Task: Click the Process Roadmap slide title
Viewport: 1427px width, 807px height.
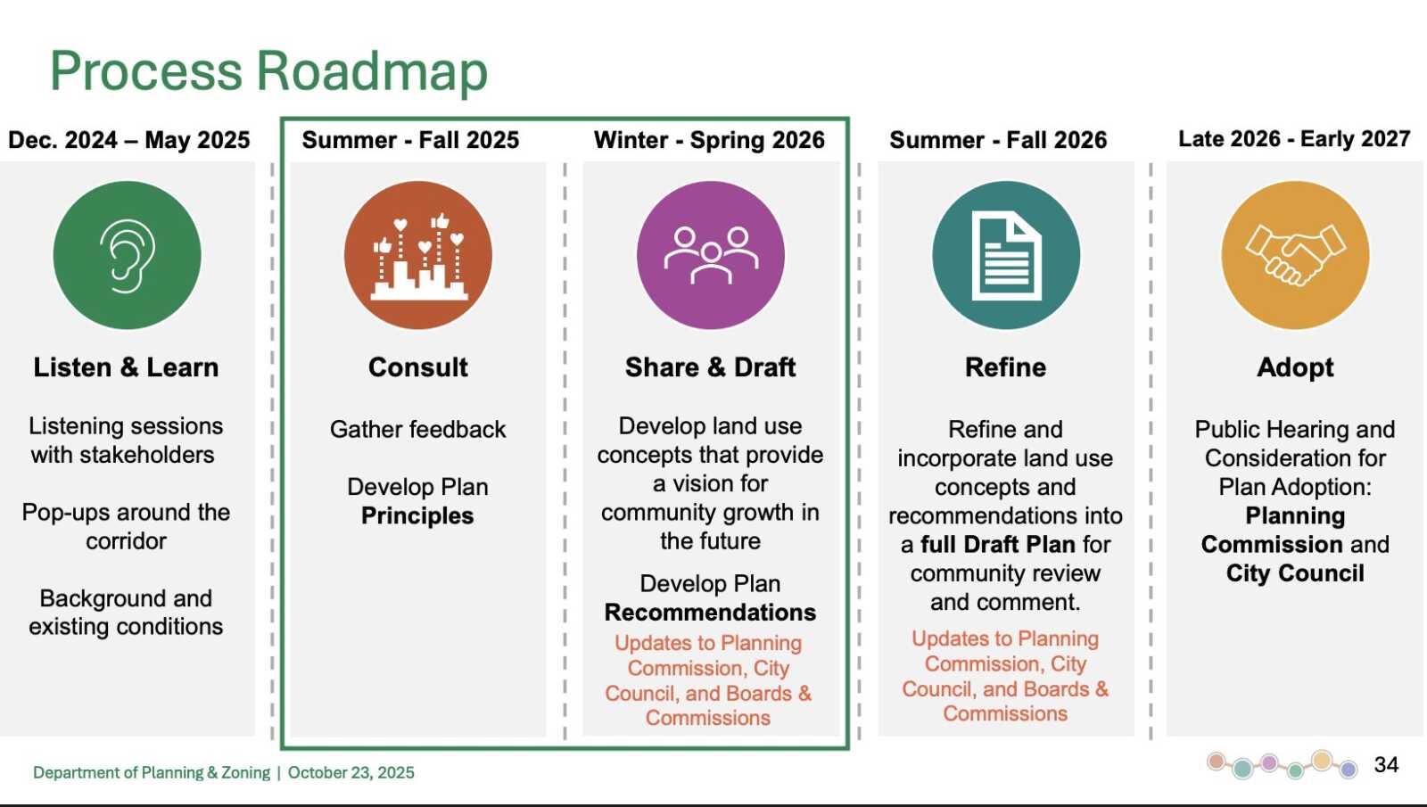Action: point(268,72)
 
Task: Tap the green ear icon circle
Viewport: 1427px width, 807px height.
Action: point(127,255)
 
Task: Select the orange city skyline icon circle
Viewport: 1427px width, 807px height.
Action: point(418,255)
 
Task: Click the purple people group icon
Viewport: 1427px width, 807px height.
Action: point(710,255)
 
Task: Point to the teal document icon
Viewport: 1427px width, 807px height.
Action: point(1006,255)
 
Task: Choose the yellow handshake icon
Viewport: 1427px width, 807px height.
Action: point(1295,255)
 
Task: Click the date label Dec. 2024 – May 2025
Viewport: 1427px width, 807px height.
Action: point(128,140)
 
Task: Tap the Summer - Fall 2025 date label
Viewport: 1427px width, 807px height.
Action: point(410,140)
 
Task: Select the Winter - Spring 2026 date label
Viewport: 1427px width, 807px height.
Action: point(709,140)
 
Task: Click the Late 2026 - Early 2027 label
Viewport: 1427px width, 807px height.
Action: point(1294,139)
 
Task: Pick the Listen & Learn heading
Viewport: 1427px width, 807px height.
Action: point(126,367)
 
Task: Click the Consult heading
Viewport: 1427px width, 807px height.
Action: point(418,367)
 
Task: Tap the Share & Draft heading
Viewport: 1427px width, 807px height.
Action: point(710,367)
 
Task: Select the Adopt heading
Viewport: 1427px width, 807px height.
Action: point(1295,368)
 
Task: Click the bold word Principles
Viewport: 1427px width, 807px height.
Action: point(417,516)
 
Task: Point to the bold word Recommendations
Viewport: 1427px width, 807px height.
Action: point(710,612)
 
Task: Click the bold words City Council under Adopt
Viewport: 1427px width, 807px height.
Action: point(1295,574)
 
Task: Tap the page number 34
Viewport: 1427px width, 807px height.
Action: point(1386,764)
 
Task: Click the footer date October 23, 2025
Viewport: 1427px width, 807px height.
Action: point(351,772)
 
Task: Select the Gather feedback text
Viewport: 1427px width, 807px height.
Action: point(418,430)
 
